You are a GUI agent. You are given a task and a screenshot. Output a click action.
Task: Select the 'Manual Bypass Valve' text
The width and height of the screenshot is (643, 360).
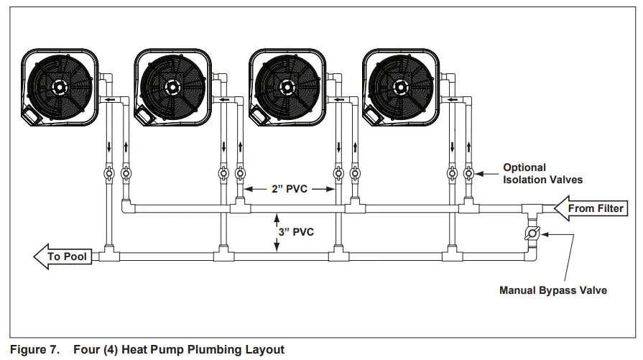click(553, 291)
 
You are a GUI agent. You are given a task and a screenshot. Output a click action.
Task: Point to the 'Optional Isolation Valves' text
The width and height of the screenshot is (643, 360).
click(542, 173)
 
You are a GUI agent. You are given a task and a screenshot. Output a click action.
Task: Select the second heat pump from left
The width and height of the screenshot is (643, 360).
click(172, 86)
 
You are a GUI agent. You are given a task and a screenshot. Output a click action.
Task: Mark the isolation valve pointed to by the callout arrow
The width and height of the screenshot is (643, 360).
click(468, 172)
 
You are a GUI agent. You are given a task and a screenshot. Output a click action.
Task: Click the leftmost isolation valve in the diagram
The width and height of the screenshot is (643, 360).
click(108, 172)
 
